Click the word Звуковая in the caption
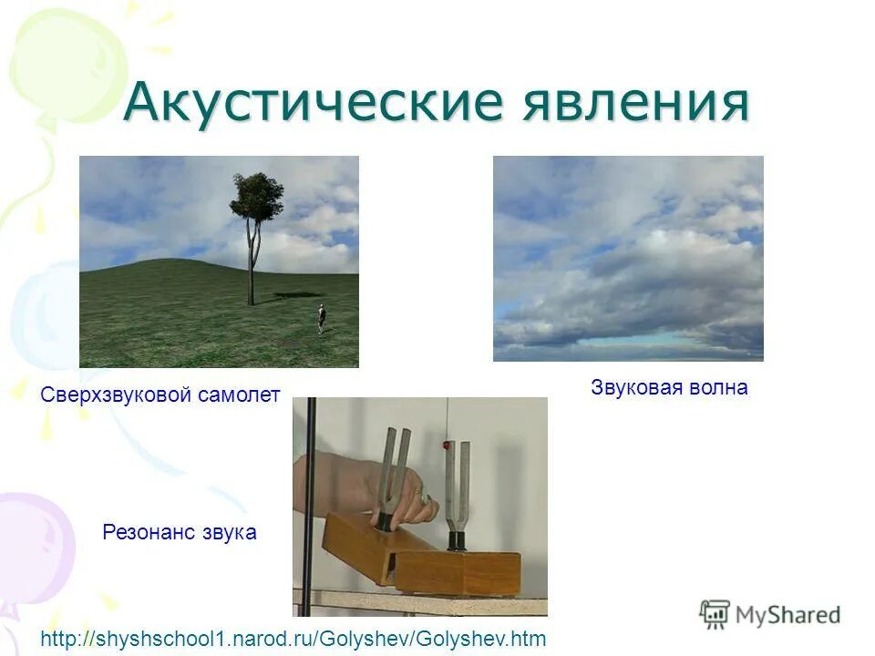[x=636, y=388]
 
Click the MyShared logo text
[x=787, y=615]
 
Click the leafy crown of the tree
[x=256, y=194]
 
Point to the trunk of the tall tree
[x=251, y=264]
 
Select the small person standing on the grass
[x=321, y=319]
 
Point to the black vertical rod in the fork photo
[x=310, y=501]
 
